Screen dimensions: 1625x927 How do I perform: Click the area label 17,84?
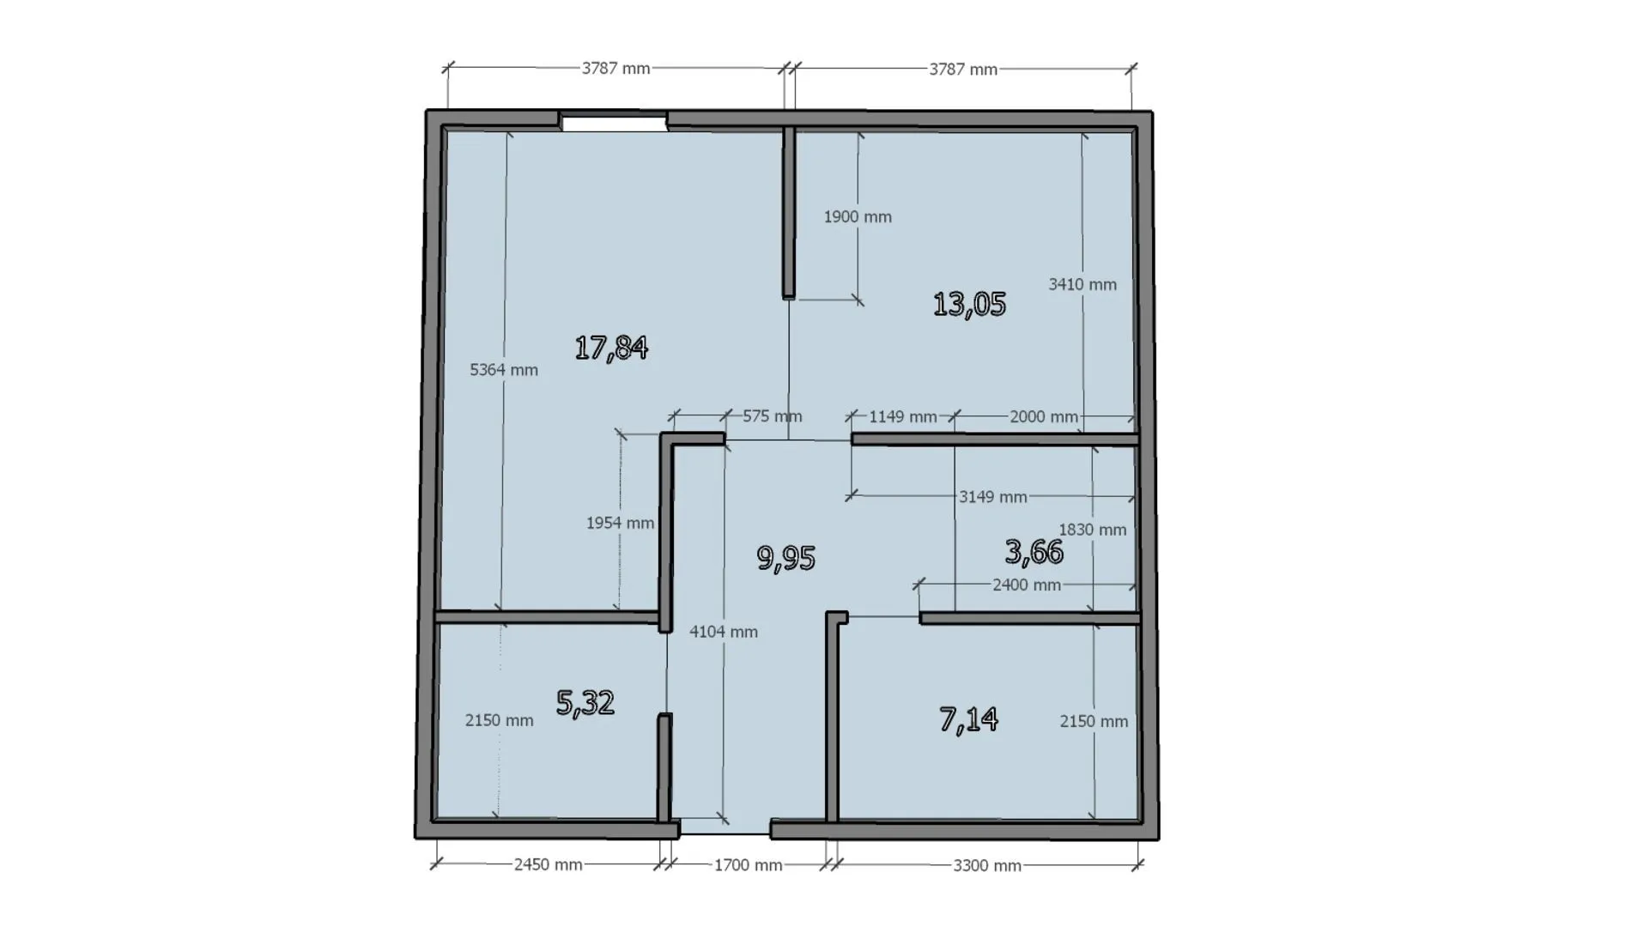click(x=611, y=348)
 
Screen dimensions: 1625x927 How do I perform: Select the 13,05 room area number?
click(x=969, y=304)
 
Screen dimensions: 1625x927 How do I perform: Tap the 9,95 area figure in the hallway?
click(x=786, y=558)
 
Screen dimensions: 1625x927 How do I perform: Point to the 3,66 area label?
click(x=1034, y=552)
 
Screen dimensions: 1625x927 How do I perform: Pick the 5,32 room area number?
click(x=585, y=703)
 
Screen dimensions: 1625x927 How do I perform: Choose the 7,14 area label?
click(x=969, y=719)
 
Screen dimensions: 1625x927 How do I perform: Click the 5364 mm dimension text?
click(x=504, y=370)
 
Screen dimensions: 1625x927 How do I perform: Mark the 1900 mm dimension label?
click(x=858, y=217)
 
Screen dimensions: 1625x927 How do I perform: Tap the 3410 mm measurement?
click(x=1082, y=284)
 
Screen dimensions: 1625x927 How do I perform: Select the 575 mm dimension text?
click(x=773, y=416)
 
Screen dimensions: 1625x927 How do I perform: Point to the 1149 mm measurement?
click(x=903, y=417)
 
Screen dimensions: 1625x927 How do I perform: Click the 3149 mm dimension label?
click(x=993, y=497)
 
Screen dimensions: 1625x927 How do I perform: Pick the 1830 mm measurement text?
click(x=1093, y=530)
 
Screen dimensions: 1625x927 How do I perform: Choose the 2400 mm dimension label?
click(x=1027, y=585)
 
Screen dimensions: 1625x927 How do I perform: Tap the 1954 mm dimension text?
click(x=620, y=523)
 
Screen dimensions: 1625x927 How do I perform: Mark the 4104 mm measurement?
click(x=724, y=632)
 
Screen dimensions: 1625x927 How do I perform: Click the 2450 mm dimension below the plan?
click(x=549, y=864)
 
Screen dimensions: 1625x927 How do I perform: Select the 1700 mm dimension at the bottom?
click(x=749, y=865)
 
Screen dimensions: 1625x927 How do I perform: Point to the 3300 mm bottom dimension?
click(x=987, y=866)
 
